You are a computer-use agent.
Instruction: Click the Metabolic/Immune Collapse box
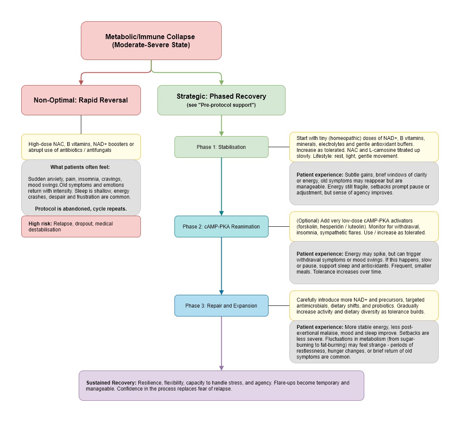[151, 40]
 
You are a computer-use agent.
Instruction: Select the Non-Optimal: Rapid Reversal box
[81, 100]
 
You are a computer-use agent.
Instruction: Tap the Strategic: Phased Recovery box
[221, 100]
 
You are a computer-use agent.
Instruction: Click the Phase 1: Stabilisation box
[221, 147]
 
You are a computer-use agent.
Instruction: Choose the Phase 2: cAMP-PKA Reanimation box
[221, 226]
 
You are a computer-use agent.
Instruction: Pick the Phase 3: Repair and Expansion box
[221, 305]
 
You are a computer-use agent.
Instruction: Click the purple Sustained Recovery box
[221, 386]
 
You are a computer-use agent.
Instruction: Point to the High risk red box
[81, 226]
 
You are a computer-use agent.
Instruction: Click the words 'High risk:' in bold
[40, 224]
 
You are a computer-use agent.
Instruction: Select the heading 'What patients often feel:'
[80, 167]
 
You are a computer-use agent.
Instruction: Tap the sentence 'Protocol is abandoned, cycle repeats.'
[81, 209]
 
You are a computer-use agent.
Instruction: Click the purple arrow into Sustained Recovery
[222, 343]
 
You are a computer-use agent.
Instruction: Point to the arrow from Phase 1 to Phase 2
[222, 187]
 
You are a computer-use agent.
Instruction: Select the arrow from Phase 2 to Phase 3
[222, 266]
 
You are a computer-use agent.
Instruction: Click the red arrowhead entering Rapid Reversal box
[81, 83]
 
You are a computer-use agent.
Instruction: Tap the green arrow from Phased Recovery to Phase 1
[222, 125]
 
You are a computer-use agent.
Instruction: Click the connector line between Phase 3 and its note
[279, 305]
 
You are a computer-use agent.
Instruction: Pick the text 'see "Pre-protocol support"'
[221, 105]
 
